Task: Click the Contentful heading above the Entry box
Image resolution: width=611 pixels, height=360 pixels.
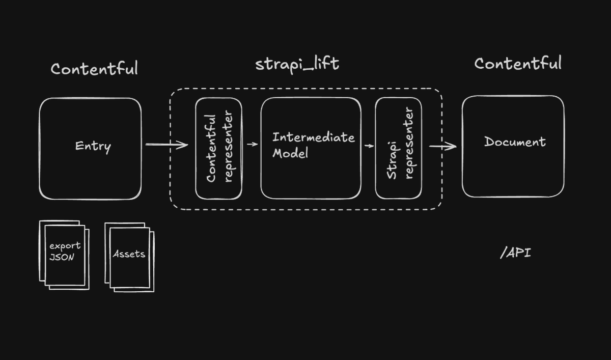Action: pyautogui.click(x=94, y=68)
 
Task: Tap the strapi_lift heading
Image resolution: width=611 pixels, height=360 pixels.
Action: pyautogui.click(x=297, y=65)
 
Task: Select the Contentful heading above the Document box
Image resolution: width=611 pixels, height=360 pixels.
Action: pyautogui.click(x=518, y=64)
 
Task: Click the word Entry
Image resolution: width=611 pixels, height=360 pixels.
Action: pyautogui.click(x=93, y=146)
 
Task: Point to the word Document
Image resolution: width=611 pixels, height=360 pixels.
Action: pyautogui.click(x=515, y=142)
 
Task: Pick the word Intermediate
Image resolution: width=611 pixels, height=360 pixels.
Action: pyautogui.click(x=313, y=137)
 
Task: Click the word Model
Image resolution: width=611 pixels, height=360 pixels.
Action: pyautogui.click(x=290, y=153)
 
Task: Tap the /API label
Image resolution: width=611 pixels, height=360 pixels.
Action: pyautogui.click(x=515, y=253)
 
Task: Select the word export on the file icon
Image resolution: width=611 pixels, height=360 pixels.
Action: pyautogui.click(x=65, y=245)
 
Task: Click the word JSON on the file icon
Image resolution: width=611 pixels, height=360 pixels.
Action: pyautogui.click(x=62, y=257)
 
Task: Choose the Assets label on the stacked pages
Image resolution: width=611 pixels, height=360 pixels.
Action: pyautogui.click(x=129, y=254)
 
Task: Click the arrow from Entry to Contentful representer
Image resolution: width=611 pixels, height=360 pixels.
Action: pyautogui.click(x=167, y=145)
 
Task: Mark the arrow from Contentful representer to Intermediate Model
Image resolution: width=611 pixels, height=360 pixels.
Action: pyautogui.click(x=252, y=144)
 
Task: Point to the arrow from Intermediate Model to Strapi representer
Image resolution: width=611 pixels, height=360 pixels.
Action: pyautogui.click(x=369, y=146)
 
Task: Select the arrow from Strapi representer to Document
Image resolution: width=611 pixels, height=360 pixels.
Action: pyautogui.click(x=442, y=147)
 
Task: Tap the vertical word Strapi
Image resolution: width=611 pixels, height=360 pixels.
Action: pyautogui.click(x=392, y=157)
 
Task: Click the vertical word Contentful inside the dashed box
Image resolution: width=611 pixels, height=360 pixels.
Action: pyautogui.click(x=211, y=148)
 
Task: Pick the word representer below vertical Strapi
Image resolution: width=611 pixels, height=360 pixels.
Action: pyautogui.click(x=409, y=143)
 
